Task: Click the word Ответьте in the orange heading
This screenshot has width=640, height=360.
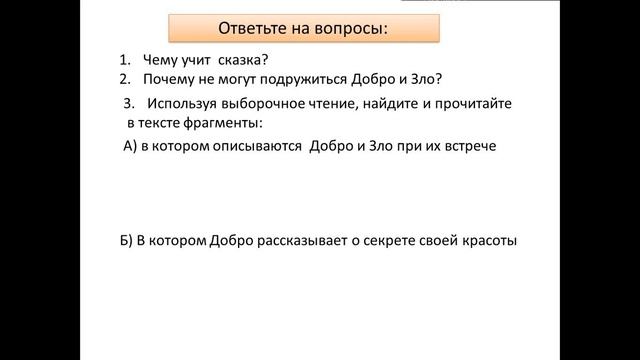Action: coord(252,27)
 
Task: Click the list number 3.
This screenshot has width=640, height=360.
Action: coord(129,103)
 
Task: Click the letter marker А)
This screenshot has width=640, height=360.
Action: coord(128,146)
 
